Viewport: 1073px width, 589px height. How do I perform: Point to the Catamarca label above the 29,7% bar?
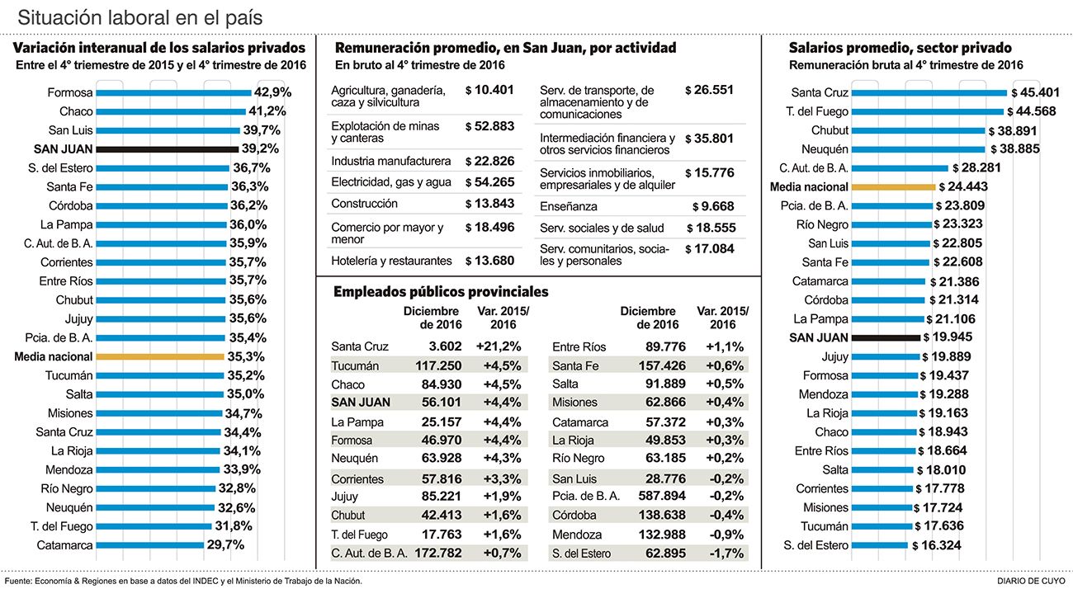(64, 545)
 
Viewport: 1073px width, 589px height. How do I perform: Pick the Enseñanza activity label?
(568, 206)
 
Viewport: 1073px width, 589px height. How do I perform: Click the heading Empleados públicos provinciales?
(440, 292)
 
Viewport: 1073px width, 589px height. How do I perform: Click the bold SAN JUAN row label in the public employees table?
(361, 403)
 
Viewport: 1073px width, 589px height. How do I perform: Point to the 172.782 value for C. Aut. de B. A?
(438, 554)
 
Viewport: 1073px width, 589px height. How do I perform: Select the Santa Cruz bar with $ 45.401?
(929, 93)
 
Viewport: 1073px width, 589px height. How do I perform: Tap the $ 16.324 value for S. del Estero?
(936, 545)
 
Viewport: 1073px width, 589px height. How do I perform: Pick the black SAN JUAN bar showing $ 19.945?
(885, 337)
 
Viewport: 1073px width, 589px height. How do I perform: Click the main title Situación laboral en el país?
(141, 17)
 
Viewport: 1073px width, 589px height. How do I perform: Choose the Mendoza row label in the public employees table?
(577, 535)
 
